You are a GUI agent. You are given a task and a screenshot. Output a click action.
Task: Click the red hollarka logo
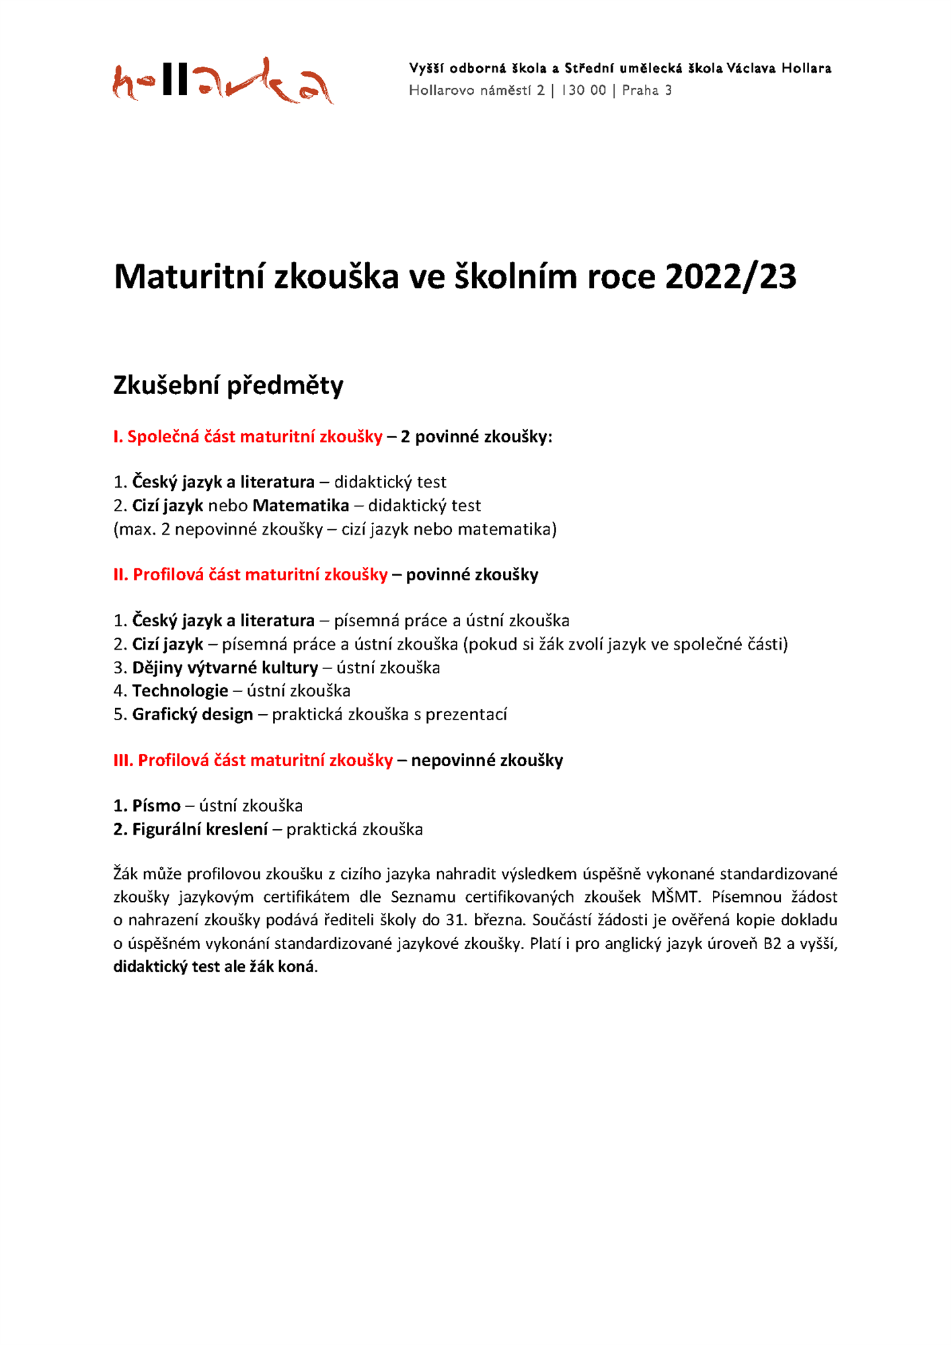click(x=222, y=81)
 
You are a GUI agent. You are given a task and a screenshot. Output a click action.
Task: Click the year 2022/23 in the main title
click(x=730, y=276)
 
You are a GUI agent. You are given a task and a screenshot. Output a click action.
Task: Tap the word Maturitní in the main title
click(x=188, y=276)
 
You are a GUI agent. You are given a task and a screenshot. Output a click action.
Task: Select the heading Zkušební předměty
click(x=228, y=385)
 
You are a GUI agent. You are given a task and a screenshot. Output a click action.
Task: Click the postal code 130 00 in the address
click(x=583, y=90)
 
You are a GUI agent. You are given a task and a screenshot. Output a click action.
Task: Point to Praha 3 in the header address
click(x=646, y=90)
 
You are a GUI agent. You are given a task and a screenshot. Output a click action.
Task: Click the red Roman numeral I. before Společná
click(x=118, y=436)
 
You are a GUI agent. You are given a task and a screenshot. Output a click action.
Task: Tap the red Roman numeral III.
click(x=123, y=760)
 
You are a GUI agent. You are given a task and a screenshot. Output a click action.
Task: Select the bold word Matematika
click(x=301, y=505)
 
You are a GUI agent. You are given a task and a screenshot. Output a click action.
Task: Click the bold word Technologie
click(x=180, y=691)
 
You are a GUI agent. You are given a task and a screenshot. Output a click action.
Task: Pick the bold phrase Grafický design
click(x=192, y=714)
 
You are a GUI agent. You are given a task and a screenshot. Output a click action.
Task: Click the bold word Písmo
click(x=156, y=806)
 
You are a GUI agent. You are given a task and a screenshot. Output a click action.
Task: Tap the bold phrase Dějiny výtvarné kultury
click(x=225, y=668)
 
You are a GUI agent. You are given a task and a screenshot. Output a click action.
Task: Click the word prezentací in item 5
click(x=466, y=714)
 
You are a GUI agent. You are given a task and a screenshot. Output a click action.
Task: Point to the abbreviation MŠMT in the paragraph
click(x=675, y=896)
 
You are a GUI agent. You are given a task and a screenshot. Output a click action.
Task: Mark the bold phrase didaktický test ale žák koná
click(x=214, y=966)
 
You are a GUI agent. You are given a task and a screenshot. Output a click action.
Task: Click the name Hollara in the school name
click(x=806, y=68)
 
